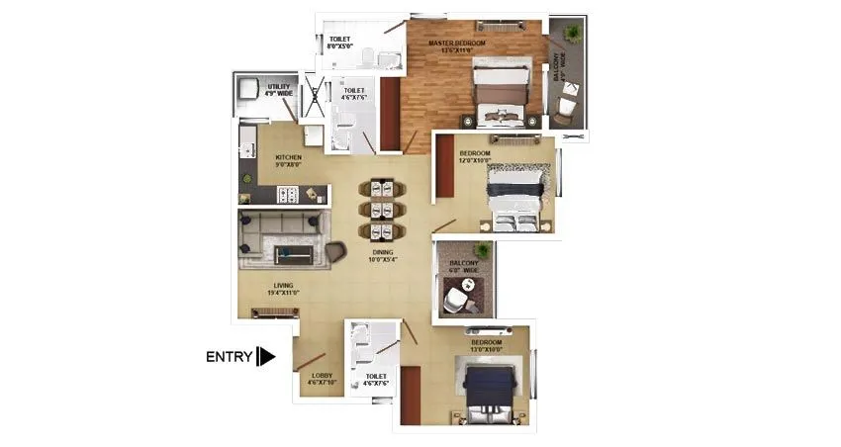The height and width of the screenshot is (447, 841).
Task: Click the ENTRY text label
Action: [x=229, y=357]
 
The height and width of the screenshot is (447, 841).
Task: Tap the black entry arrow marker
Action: [x=265, y=357]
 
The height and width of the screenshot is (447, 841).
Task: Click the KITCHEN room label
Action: [x=289, y=162]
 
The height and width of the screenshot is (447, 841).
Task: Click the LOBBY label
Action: [x=322, y=379]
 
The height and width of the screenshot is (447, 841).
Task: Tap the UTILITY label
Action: [x=278, y=90]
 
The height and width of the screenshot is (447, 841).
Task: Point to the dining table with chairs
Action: [x=382, y=209]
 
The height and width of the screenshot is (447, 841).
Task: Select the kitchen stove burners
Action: [x=290, y=196]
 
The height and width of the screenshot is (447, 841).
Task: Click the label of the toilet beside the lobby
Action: [x=375, y=380]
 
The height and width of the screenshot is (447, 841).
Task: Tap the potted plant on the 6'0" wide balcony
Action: [x=482, y=250]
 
